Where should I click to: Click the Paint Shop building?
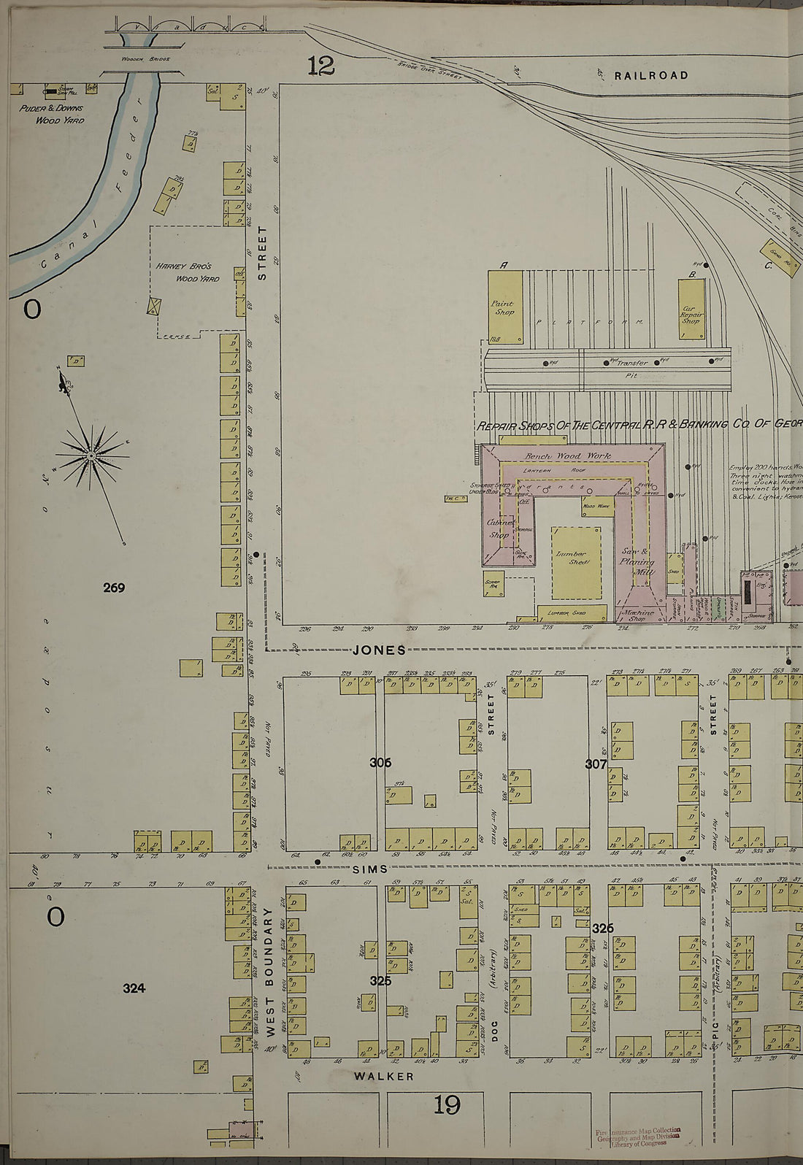505,307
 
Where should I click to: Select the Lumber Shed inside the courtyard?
576,562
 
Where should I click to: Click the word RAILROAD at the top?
650,75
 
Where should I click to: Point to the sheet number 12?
320,66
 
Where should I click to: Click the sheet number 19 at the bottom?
447,1106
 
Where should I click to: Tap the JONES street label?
379,650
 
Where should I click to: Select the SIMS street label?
369,869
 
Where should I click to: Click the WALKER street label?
384,1076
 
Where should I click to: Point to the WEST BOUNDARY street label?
269,971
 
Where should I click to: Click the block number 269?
114,587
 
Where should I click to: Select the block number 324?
134,988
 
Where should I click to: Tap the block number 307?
596,764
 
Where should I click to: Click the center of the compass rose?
91,456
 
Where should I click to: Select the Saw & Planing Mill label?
637,562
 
